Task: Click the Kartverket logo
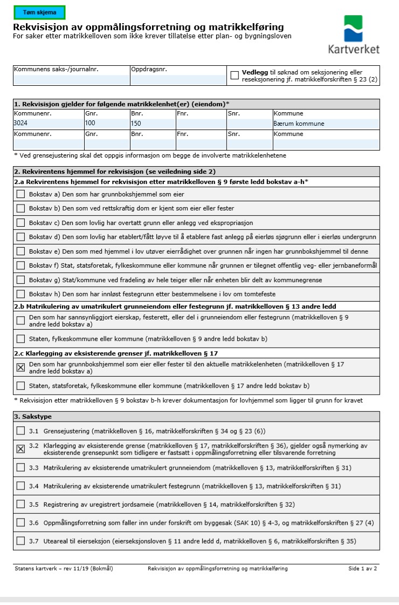click(x=353, y=35)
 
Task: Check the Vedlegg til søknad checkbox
click(x=235, y=76)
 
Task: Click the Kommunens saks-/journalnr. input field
click(x=71, y=80)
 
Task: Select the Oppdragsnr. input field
click(x=178, y=80)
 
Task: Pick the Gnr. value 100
click(x=90, y=124)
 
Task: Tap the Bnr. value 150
click(x=136, y=124)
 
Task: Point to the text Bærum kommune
click(x=299, y=124)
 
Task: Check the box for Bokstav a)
click(x=20, y=194)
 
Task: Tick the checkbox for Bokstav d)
click(x=20, y=237)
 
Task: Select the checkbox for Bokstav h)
click(x=20, y=294)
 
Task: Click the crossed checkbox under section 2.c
click(x=20, y=368)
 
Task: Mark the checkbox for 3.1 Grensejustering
click(x=20, y=431)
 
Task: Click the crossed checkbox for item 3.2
click(x=20, y=449)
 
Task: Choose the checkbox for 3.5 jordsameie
click(x=20, y=504)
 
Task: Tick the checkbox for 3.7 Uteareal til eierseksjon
click(x=20, y=541)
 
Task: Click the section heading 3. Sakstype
click(x=33, y=417)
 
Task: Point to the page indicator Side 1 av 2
click(x=362, y=568)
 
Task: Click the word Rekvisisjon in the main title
click(x=41, y=27)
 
